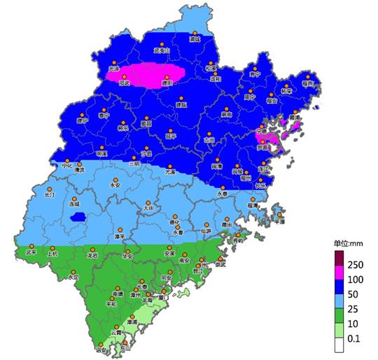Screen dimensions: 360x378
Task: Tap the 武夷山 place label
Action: click(162, 51)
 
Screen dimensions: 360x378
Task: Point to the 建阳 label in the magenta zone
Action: click(167, 82)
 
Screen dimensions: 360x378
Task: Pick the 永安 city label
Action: click(115, 185)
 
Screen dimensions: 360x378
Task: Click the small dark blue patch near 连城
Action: click(77, 218)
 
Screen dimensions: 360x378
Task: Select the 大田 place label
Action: click(148, 207)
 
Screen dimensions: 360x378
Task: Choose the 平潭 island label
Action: click(279, 221)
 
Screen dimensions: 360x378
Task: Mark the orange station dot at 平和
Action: click(111, 297)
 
